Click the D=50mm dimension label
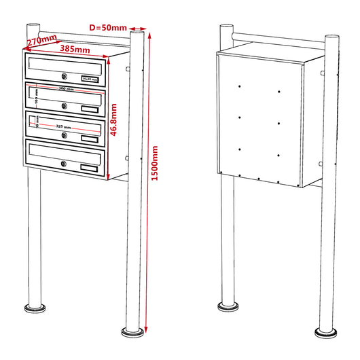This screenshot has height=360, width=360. tap(109, 27)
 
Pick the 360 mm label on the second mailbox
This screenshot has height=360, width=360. tap(65, 89)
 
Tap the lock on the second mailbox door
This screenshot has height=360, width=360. tap(64, 105)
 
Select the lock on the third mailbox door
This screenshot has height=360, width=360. tap(64, 134)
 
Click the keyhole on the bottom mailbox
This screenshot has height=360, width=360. tap(63, 163)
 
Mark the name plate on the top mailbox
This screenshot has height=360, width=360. tap(90, 79)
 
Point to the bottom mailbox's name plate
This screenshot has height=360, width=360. tap(89, 167)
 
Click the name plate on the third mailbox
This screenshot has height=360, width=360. tap(90, 139)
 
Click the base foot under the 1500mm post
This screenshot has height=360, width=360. tap(133, 332)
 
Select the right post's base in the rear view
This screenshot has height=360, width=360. tap(327, 332)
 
